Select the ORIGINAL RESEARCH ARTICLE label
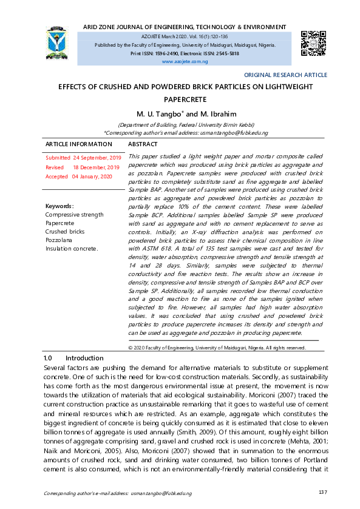click(x=285, y=75)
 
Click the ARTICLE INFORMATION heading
click(x=79, y=144)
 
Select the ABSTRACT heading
click(x=143, y=144)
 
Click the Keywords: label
click(x=59, y=206)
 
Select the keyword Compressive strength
click(x=74, y=215)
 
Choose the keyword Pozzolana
click(x=59, y=240)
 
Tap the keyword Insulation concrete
click(x=72, y=249)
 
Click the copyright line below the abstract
click(x=217, y=348)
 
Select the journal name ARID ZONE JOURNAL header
click(x=185, y=27)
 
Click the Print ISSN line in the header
click(x=185, y=53)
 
